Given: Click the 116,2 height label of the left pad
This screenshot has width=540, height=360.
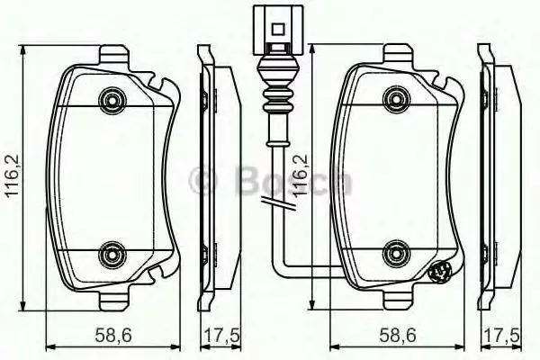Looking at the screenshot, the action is (x=13, y=175).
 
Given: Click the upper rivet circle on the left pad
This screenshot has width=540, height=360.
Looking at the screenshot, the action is (x=112, y=100).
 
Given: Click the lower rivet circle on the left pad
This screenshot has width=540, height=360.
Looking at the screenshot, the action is (x=112, y=255).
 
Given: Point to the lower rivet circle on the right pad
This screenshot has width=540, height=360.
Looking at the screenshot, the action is (x=397, y=255).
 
